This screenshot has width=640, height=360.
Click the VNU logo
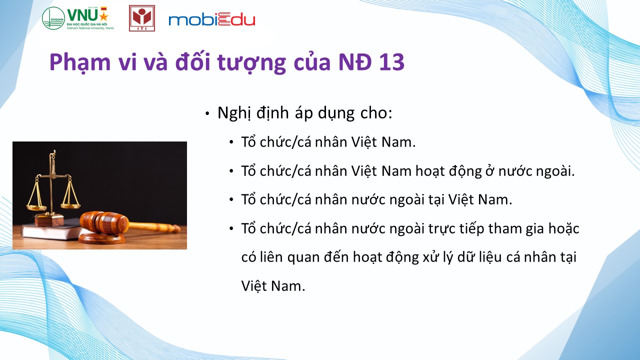[77, 18]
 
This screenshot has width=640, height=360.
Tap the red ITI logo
[142, 18]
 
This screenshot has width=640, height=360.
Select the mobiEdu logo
[211, 19]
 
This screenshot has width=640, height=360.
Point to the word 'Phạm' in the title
[80, 63]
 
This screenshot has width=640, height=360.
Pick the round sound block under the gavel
[101, 237]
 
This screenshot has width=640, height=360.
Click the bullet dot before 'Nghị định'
[207, 114]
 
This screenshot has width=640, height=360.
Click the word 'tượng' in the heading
[251, 63]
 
